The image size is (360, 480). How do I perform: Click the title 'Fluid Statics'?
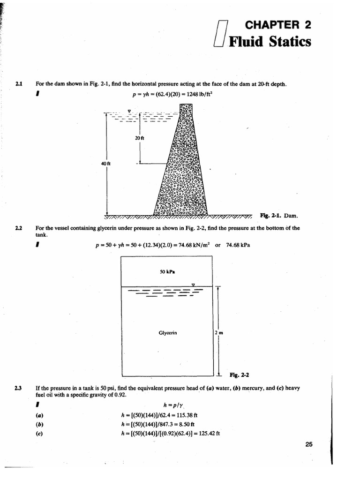(x=270, y=42)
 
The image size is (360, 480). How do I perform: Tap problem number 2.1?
(x=18, y=84)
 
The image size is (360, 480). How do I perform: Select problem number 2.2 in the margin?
(x=18, y=228)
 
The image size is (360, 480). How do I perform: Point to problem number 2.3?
(x=18, y=388)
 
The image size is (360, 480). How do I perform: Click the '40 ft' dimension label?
(x=105, y=163)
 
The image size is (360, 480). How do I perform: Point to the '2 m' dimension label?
(x=217, y=333)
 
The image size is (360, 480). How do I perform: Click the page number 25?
(x=308, y=445)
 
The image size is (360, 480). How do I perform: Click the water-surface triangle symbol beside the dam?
(x=129, y=111)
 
